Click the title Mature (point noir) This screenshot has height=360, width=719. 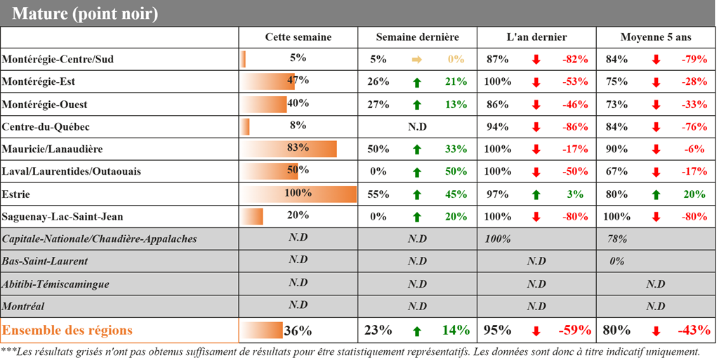coord(85,13)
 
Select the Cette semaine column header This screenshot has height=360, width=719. coord(298,37)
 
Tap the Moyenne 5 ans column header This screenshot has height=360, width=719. coord(656,37)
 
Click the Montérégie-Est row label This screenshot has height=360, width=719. coord(39,82)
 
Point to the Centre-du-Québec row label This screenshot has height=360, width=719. coord(46,127)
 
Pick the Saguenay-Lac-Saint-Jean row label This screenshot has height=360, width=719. coord(62,217)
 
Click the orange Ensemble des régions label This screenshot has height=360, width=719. coord(67,330)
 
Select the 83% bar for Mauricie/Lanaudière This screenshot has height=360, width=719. coord(289,149)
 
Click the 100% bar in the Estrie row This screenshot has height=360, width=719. coord(298,194)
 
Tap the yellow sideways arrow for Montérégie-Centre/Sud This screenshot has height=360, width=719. coord(416,60)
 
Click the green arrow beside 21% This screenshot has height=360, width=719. coord(416,82)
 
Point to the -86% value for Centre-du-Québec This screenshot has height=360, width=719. coord(575,127)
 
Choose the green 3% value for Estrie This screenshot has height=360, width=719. coord(581,194)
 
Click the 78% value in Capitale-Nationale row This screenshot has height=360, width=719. coord(617,239)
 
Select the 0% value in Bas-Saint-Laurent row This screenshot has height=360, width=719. coord(617,262)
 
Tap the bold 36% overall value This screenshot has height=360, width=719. coord(298,331)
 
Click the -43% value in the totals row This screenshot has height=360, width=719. coord(693,331)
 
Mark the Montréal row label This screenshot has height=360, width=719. coord(25,307)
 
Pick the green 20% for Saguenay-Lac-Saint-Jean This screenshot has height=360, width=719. coord(456,217)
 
